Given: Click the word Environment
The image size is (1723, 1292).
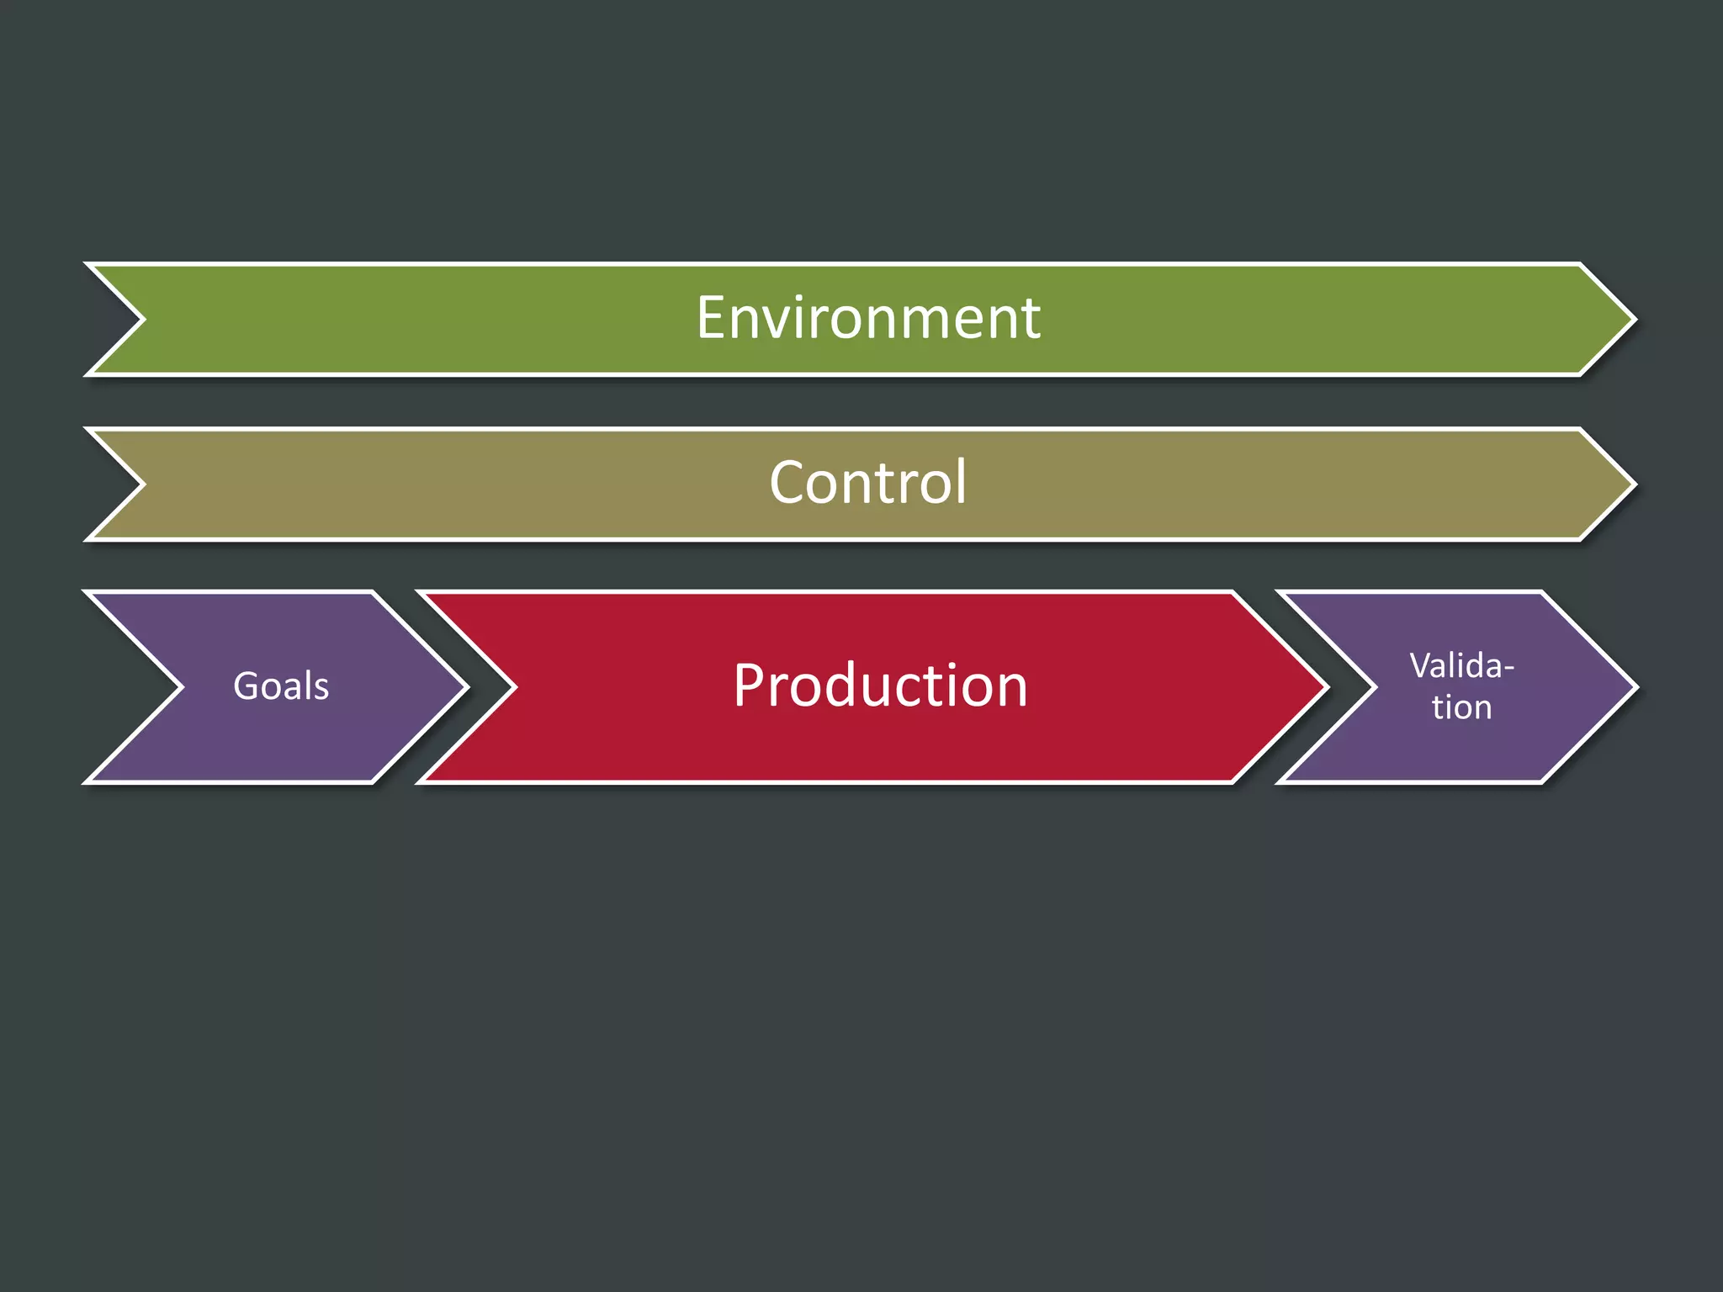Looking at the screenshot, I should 868,318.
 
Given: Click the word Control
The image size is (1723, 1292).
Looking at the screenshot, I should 868,483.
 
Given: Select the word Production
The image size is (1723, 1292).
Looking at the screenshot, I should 880,686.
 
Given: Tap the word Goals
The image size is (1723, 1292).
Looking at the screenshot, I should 281,686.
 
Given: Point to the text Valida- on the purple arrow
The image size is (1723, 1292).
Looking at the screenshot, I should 1461,665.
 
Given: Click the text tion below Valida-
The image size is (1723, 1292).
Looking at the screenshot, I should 1461,707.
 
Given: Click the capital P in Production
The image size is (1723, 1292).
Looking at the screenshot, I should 749,686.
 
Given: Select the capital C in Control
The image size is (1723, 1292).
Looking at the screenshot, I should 787,483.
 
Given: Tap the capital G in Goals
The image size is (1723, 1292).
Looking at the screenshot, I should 246,686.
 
